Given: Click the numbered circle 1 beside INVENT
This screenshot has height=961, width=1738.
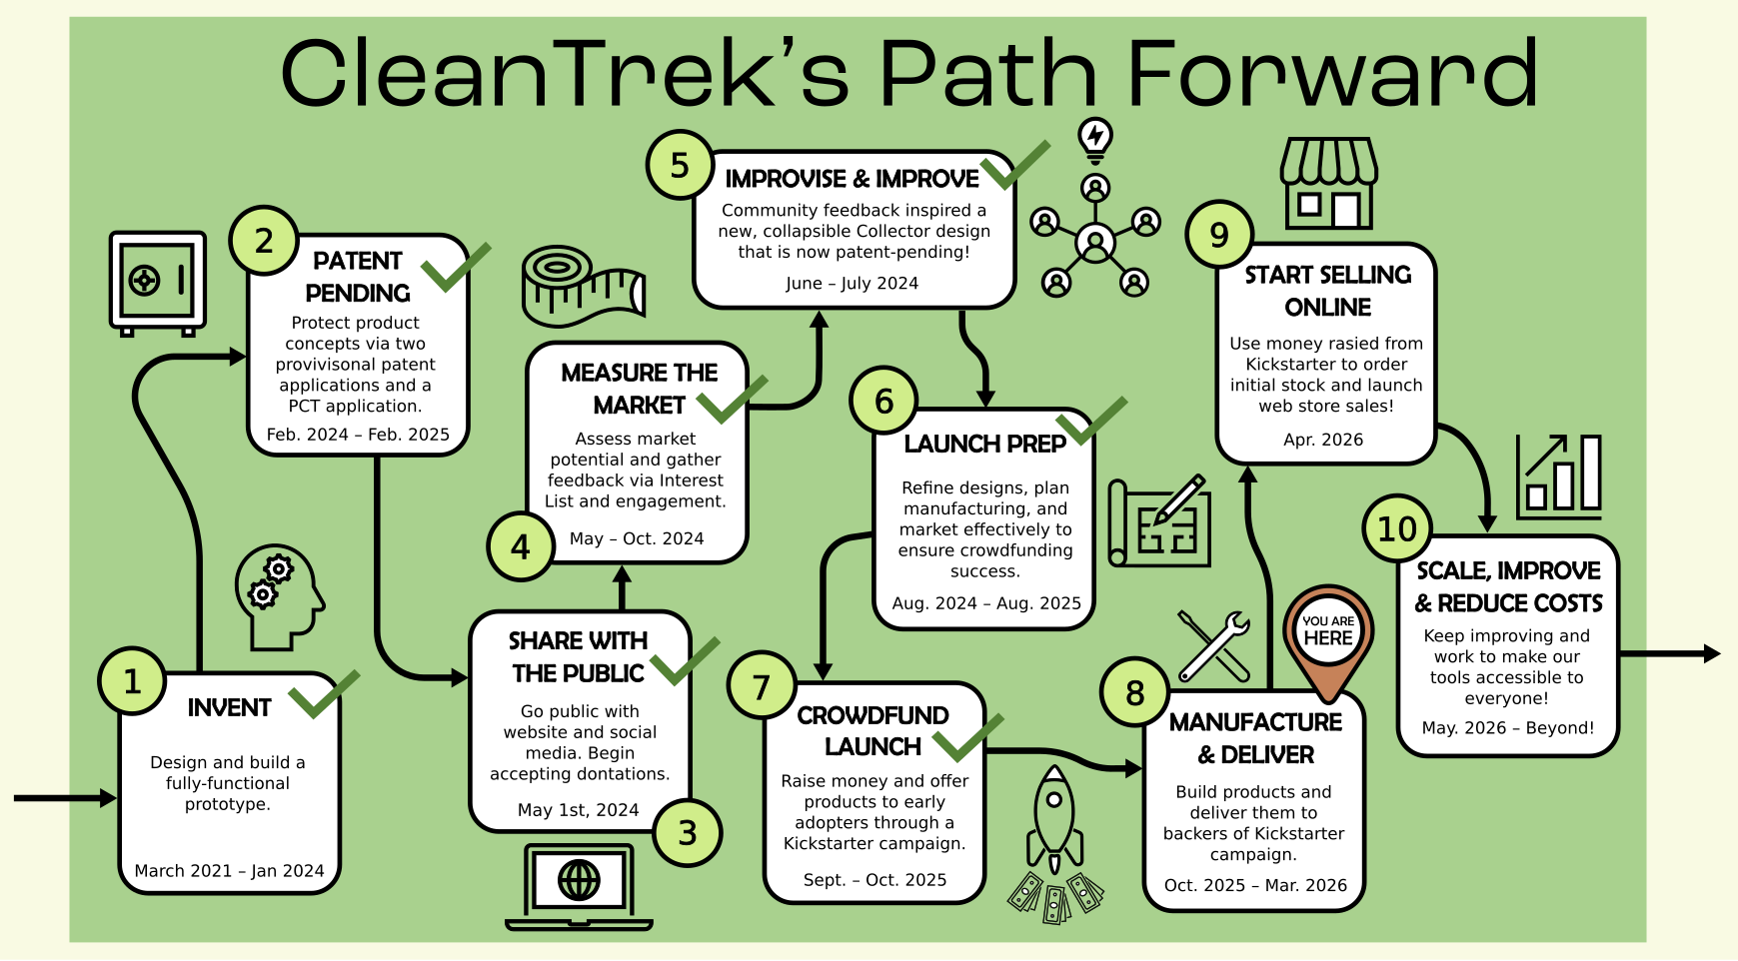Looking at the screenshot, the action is pyautogui.click(x=132, y=681).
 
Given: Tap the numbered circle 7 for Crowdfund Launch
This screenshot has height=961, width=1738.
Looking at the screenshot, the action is pyautogui.click(x=762, y=686).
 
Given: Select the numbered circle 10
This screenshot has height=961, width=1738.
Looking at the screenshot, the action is pyautogui.click(x=1397, y=528).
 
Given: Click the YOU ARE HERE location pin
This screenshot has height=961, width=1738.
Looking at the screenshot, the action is pyautogui.click(x=1328, y=638).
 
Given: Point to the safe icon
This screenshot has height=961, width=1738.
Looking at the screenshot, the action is pyautogui.click(x=158, y=283).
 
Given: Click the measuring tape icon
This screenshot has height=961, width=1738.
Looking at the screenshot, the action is pyautogui.click(x=583, y=286).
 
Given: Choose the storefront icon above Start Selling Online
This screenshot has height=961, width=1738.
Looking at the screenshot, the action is pyautogui.click(x=1328, y=184).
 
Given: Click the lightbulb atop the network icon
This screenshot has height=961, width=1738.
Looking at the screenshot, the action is pyautogui.click(x=1095, y=139).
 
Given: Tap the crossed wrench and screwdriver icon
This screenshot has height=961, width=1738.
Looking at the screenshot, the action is pyautogui.click(x=1213, y=645).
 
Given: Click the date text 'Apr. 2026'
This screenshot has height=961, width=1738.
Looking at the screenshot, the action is pyautogui.click(x=1323, y=440).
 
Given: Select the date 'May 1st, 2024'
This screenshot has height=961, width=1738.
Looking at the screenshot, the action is pyautogui.click(x=578, y=810).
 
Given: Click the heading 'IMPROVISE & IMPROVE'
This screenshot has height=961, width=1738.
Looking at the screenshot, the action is pyautogui.click(x=852, y=179).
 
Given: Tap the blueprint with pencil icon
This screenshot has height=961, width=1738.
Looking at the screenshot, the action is pyautogui.click(x=1160, y=521).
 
